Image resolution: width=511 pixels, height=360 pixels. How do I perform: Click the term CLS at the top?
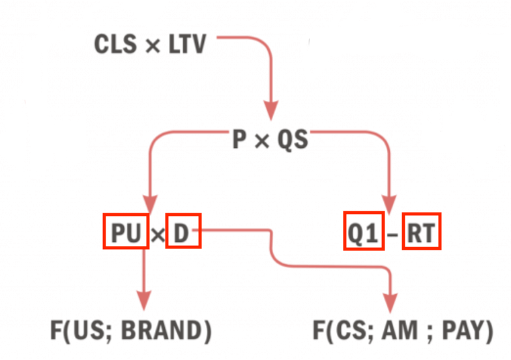click(115, 44)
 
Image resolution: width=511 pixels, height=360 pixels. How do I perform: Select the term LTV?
click(187, 44)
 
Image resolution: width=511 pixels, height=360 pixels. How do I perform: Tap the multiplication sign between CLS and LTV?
click(153, 46)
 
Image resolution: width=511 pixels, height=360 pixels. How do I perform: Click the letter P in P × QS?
click(239, 140)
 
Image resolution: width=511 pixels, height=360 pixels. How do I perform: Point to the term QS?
click(293, 140)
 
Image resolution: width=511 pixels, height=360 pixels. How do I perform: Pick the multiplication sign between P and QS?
click(262, 141)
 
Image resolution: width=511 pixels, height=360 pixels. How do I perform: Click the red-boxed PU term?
click(126, 232)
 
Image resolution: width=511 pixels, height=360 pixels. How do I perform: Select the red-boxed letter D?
click(183, 231)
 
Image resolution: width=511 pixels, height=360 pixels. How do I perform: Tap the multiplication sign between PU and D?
click(158, 235)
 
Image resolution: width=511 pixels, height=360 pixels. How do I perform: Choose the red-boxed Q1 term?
click(364, 231)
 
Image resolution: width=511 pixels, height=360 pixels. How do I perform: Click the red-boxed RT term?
click(421, 231)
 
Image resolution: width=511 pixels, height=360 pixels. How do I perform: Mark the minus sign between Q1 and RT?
click(393, 235)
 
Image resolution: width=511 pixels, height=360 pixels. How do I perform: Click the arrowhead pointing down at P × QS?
click(270, 111)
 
